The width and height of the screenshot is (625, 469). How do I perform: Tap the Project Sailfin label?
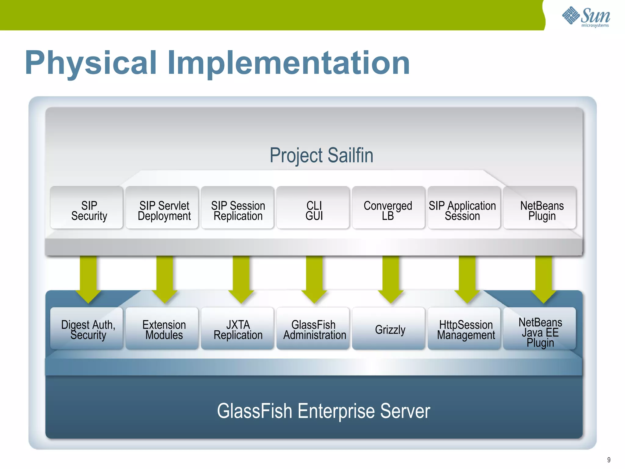(x=321, y=155)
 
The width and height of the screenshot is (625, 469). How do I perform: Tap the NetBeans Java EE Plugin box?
(x=540, y=329)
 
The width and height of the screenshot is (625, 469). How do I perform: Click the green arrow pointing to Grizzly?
(x=391, y=278)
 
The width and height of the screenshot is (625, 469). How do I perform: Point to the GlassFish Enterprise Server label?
(x=323, y=411)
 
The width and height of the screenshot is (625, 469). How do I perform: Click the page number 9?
(x=609, y=460)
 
